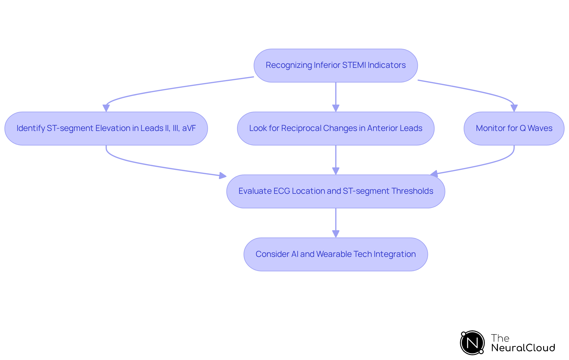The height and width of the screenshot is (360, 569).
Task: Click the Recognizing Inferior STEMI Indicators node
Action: [335, 65]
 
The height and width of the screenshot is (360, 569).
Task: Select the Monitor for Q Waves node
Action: [514, 128]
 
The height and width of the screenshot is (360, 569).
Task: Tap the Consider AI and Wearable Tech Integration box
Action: [335, 254]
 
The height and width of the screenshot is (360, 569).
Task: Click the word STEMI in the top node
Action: [354, 65]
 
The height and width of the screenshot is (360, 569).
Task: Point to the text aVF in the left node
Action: [189, 128]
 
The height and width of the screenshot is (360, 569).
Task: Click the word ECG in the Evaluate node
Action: [282, 191]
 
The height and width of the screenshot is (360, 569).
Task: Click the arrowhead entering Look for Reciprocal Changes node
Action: [335, 108]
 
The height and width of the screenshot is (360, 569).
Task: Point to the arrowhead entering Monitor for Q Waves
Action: [514, 108]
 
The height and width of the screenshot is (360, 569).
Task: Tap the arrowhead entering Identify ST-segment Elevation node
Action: [106, 108]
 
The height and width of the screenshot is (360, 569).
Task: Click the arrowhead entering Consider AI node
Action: [335, 234]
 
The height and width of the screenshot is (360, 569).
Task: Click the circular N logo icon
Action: [472, 343]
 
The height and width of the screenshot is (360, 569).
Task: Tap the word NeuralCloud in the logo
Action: [523, 348]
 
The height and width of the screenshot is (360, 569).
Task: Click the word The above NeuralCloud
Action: [500, 338]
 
